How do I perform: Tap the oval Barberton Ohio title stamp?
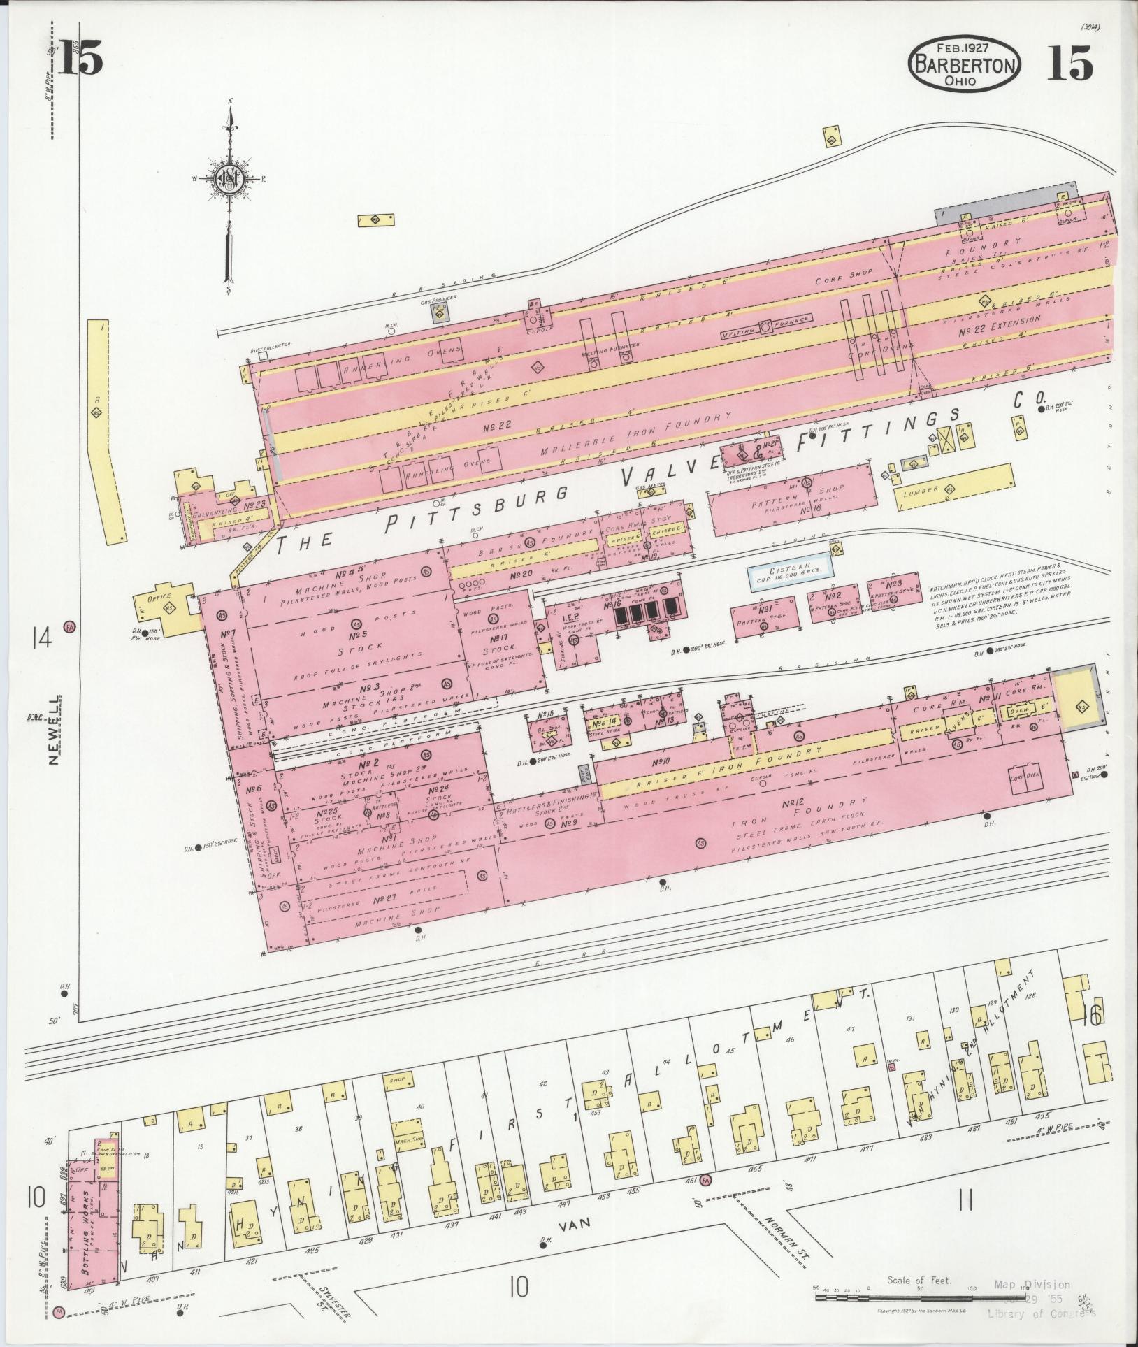[x=964, y=65]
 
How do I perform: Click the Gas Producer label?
[x=438, y=298]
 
